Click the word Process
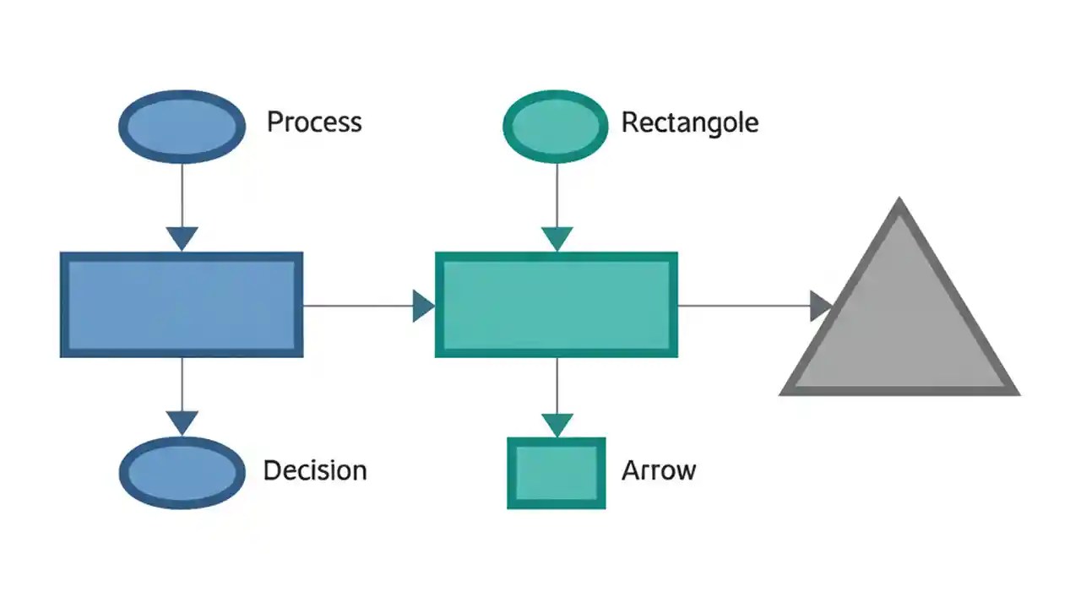314,122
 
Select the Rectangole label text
689,122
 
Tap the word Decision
315,470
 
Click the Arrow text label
658,470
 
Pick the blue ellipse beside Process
182,127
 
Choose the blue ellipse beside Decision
182,472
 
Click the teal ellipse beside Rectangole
555,126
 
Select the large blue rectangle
182,305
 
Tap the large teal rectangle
556,305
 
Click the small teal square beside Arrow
556,473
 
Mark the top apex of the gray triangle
899,203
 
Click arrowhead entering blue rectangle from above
182,238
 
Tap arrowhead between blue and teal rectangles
422,306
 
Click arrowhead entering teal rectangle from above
556,238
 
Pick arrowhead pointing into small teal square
556,424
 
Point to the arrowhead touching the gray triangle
821,306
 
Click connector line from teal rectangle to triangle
743,306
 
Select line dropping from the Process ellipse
182,194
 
